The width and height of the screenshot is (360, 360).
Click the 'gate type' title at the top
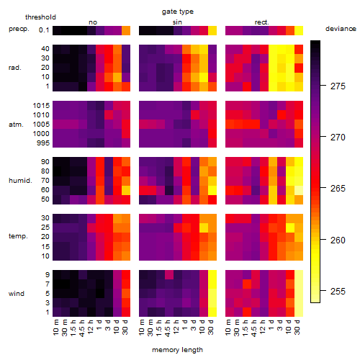(x=178, y=12)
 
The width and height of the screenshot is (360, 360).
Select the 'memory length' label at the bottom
(x=177, y=350)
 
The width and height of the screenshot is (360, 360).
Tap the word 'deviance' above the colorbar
(x=341, y=29)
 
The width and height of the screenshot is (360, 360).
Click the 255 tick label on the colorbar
(x=338, y=292)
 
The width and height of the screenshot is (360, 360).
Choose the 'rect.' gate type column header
(x=261, y=22)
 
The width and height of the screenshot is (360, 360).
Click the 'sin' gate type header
(x=177, y=22)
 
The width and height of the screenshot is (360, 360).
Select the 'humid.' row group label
(x=20, y=181)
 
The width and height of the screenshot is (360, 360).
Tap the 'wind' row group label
(x=17, y=294)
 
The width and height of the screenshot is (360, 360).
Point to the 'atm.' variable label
(x=16, y=125)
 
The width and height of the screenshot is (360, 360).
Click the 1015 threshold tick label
(x=41, y=106)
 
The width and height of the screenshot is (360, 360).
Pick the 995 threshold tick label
(x=43, y=143)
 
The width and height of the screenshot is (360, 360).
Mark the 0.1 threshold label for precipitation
(x=44, y=30)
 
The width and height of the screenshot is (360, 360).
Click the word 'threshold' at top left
(x=40, y=17)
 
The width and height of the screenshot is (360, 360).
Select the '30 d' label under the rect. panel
(x=297, y=327)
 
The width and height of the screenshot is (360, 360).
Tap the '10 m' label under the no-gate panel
(x=55, y=328)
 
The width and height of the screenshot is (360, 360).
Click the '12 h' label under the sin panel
(x=176, y=327)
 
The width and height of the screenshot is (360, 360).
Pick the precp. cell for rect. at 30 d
(x=299, y=31)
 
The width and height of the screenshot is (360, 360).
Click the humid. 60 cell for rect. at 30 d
(x=299, y=190)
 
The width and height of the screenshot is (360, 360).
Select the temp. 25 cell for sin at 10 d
(x=204, y=228)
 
